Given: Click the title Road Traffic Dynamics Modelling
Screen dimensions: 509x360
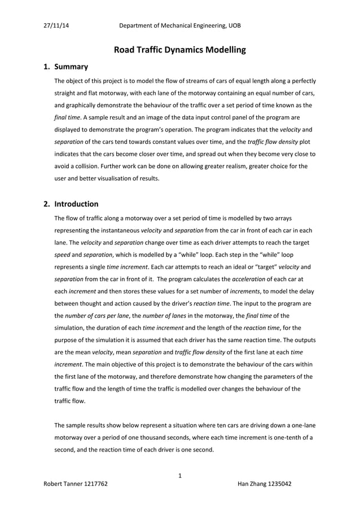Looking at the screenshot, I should click(180, 50).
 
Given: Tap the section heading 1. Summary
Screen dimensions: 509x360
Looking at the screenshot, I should click(65, 67).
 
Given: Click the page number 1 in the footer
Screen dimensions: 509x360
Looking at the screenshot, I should click(179, 475).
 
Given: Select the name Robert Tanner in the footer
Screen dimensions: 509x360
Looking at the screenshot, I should click(63, 484).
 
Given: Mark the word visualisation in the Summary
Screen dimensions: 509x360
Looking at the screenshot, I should click(150, 179).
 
